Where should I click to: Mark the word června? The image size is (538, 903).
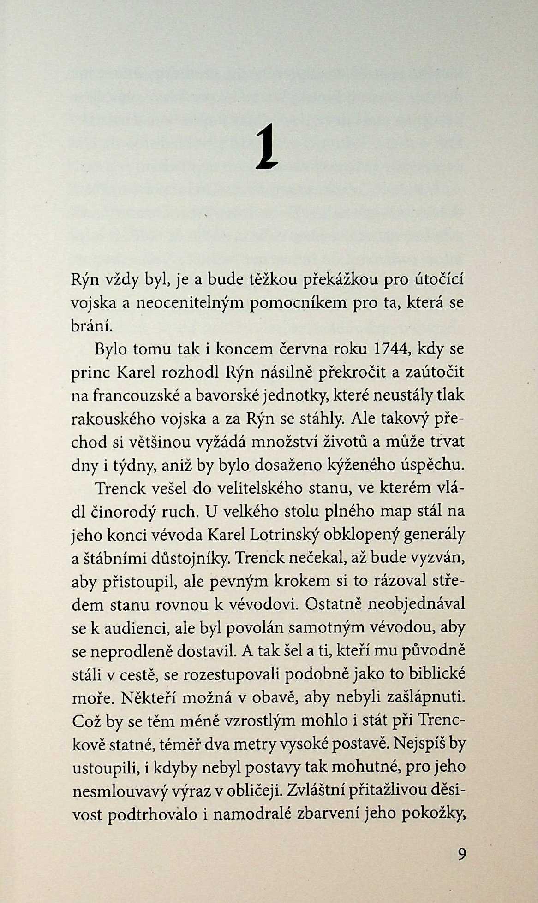tap(304, 349)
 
